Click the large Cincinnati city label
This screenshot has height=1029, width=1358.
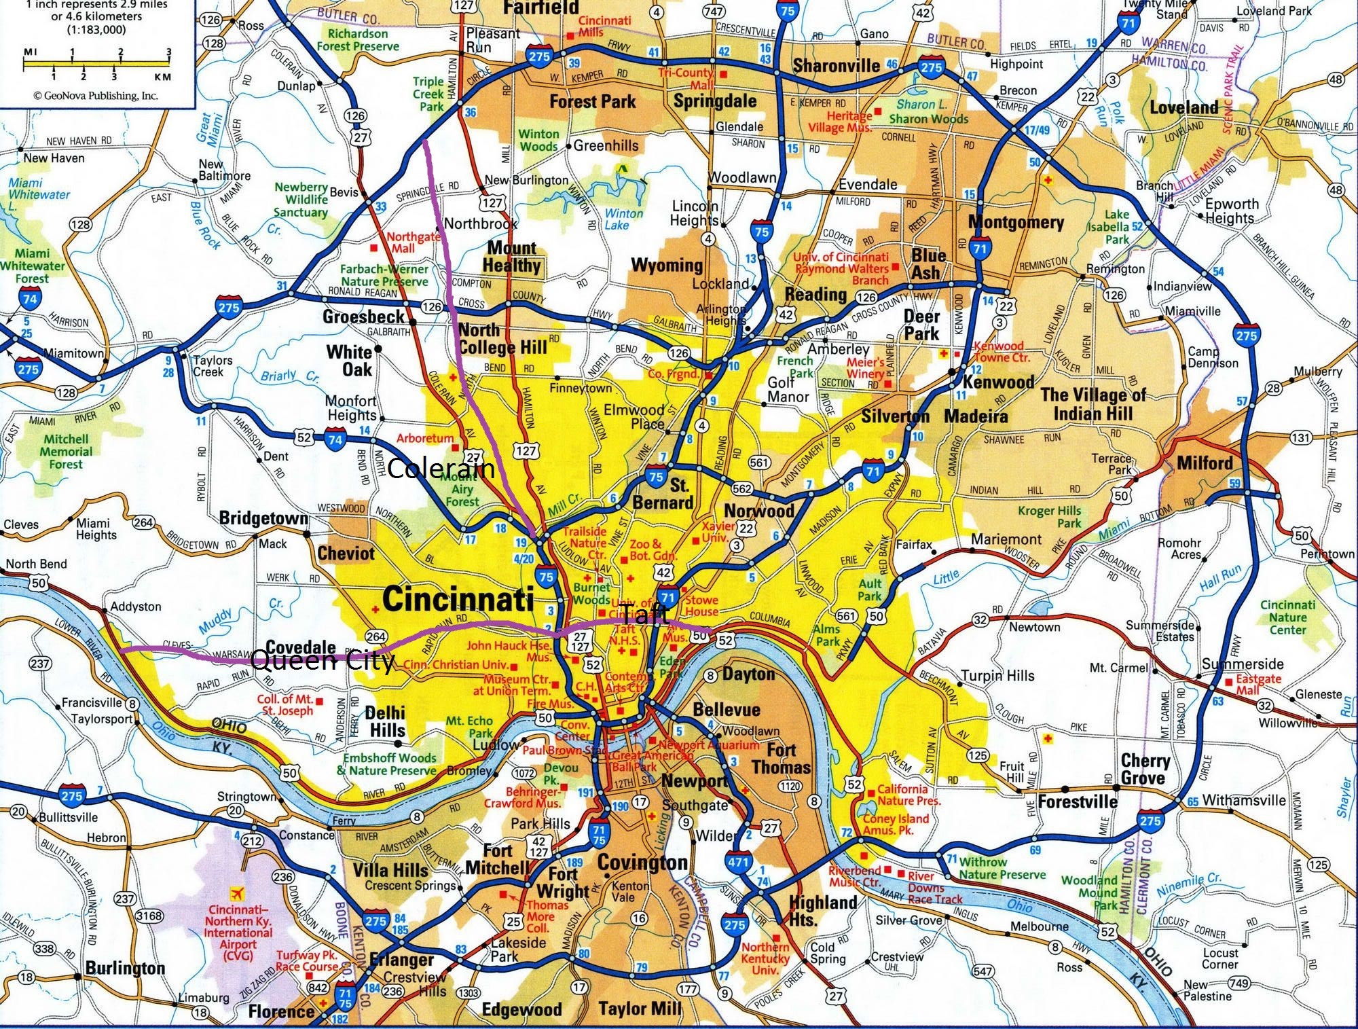coord(458,600)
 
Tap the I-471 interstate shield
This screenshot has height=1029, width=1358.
coord(739,863)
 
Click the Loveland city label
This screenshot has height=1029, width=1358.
coord(1183,107)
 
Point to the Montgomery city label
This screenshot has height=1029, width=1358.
coord(1016,222)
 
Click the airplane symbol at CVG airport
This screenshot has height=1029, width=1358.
coord(238,892)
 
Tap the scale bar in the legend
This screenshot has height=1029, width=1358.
coord(97,65)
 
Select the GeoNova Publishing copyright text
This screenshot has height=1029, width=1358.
coord(96,96)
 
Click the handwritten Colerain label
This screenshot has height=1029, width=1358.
coord(441,468)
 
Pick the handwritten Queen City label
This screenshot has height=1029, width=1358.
coord(323,661)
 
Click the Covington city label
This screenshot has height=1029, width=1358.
coord(642,863)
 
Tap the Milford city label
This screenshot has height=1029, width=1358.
coord(1205,463)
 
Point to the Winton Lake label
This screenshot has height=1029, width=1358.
coord(623,219)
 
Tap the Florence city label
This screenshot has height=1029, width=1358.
coord(281,1011)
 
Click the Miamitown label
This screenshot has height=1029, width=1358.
coord(73,353)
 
